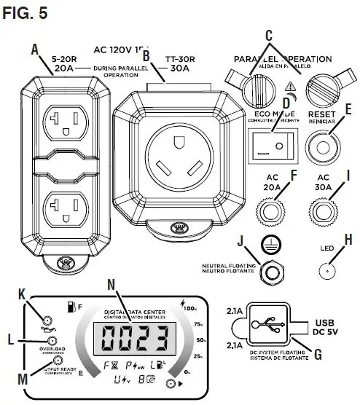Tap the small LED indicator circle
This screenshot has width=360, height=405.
coord(325,270)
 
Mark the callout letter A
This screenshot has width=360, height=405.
coord(34,50)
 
